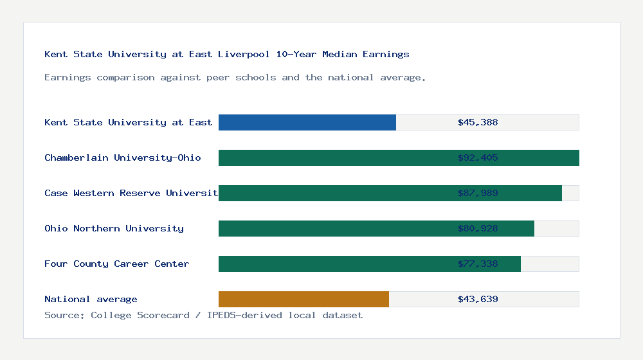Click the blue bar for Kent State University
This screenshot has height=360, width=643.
coord(307,122)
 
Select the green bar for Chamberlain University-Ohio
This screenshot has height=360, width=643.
coord(334,157)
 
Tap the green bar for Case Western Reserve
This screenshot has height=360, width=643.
coord(334,193)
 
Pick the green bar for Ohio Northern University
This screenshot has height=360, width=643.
coord(334,228)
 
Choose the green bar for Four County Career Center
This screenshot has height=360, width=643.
coord(334,264)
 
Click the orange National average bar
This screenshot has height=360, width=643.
coord(303,299)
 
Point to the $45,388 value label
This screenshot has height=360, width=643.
coord(478,122)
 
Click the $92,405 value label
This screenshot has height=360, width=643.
coord(478,157)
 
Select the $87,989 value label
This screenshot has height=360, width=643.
coord(478,193)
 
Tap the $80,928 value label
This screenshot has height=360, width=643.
coord(478,228)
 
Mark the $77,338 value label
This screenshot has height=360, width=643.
coord(478,264)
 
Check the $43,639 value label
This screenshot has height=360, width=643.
coord(478,299)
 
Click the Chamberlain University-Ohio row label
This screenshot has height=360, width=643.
coord(122,157)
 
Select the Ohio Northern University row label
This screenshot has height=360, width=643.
coord(114,228)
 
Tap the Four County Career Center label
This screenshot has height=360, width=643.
coord(116,264)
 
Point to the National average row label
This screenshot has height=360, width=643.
coord(91,299)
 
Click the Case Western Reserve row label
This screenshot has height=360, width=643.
coord(131,193)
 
